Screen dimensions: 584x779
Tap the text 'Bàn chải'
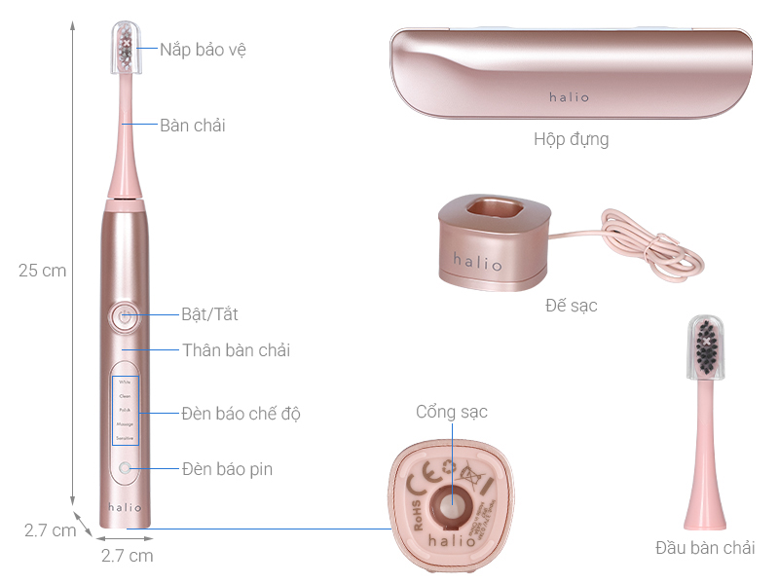pos(193,125)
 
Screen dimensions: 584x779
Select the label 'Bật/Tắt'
pos(209,314)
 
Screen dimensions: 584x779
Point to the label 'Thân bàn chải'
pos(236,349)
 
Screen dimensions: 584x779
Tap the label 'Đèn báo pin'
pos(227,469)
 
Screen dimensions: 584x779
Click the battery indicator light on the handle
pos(125,469)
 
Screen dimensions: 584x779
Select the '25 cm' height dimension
pos(42,271)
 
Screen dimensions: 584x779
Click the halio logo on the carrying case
pos(571,96)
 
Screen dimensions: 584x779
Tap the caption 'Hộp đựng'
pos(571,139)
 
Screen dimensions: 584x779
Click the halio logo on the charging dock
pos(477,262)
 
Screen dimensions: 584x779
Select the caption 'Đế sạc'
pos(571,306)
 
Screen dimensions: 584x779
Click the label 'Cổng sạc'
pos(451,412)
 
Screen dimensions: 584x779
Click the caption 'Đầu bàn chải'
pos(704,548)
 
